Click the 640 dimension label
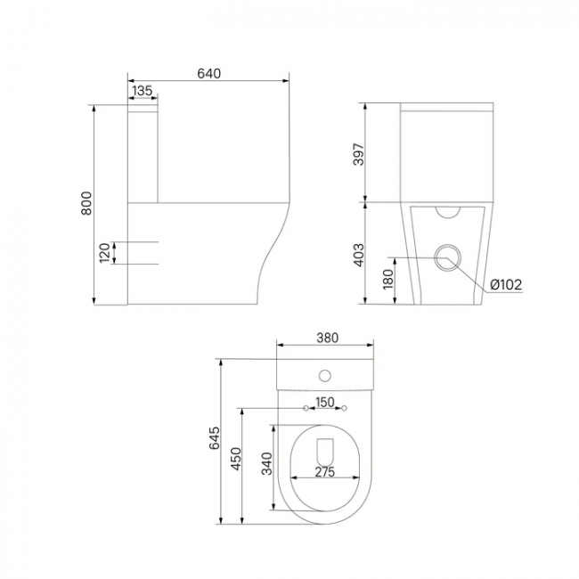click(x=208, y=73)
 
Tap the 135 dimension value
click(x=142, y=91)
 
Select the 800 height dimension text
click(x=86, y=203)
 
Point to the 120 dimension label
click(x=105, y=253)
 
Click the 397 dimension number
click(x=359, y=154)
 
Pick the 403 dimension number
click(x=359, y=255)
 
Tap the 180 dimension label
click(x=388, y=280)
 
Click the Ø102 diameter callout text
click(x=506, y=284)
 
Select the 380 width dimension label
click(x=327, y=338)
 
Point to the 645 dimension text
click(x=215, y=438)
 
